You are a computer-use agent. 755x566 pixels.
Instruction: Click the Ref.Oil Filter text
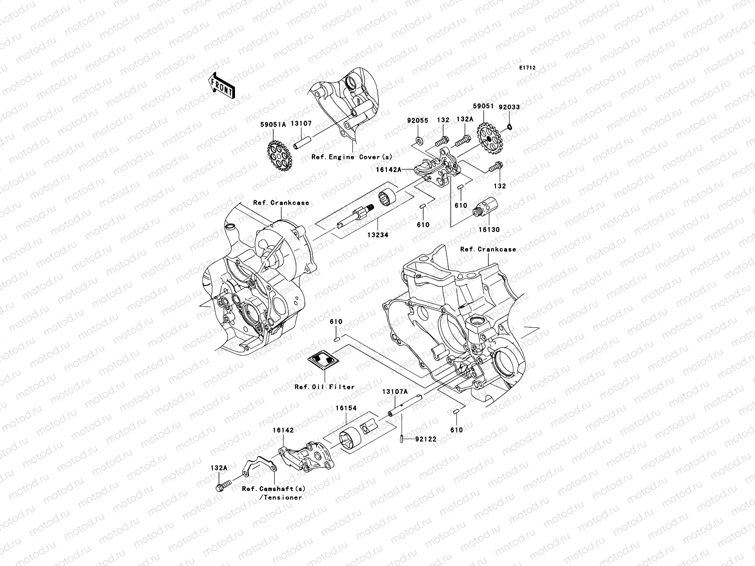point(325,387)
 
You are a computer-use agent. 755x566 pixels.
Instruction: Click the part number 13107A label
point(394,392)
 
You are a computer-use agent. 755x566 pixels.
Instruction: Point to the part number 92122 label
point(426,439)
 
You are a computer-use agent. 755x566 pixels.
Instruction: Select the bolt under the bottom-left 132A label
point(222,484)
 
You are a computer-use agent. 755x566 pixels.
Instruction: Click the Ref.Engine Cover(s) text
point(352,157)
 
